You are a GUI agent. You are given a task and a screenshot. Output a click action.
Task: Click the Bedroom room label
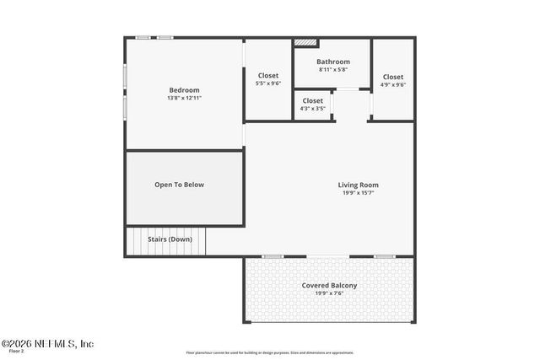point(184,90)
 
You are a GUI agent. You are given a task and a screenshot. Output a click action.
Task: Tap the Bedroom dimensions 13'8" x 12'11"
point(184,98)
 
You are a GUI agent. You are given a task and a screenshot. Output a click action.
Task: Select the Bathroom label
point(332,62)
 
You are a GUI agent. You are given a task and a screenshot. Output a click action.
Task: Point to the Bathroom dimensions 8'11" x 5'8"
point(332,69)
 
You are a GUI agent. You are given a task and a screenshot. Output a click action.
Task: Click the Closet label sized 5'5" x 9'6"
point(267,76)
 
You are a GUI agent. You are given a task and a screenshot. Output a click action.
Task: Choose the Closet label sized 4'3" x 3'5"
point(312,100)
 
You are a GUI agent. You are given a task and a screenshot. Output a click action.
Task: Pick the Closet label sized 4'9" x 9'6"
point(392,77)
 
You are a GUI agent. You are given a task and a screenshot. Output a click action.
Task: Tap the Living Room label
point(358,185)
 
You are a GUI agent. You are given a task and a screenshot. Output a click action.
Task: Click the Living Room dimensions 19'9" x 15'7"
point(358,192)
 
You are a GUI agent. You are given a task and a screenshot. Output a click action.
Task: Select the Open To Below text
point(179,185)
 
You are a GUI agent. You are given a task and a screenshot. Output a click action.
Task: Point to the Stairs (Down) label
point(170,239)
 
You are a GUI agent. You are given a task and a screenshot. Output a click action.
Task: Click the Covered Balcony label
point(329,285)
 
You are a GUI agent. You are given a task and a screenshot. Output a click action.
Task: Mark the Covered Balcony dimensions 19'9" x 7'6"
point(329,293)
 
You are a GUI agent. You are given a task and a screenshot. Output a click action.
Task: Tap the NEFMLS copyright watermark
point(47,343)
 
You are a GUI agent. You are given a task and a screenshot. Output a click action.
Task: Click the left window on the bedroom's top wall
point(144,38)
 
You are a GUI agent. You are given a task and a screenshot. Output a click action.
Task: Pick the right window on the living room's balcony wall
point(384,256)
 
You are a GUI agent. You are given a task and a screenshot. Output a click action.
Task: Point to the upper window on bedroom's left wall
point(126,76)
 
